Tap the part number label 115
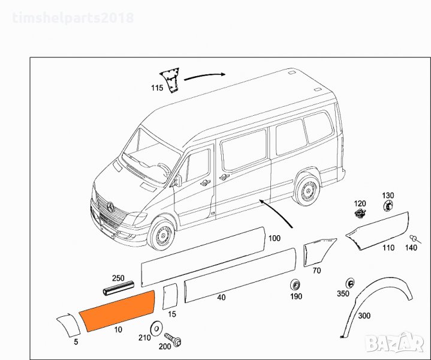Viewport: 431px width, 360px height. [x=157, y=88]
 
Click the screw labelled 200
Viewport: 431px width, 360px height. [x=173, y=340]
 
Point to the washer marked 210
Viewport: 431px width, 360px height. [x=156, y=328]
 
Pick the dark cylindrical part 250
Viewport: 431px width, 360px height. [x=119, y=288]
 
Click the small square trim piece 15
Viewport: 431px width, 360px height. [x=170, y=296]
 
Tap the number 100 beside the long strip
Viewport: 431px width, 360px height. [x=275, y=238]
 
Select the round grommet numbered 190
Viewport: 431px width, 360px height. [x=296, y=284]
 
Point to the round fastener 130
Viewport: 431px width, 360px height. [x=388, y=206]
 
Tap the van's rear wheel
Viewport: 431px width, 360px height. [x=308, y=190]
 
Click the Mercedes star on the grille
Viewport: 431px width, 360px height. [x=110, y=206]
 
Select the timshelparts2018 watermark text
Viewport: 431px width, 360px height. [x=73, y=18]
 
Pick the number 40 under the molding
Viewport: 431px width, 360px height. [x=221, y=298]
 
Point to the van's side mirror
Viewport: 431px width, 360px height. [x=179, y=181]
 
